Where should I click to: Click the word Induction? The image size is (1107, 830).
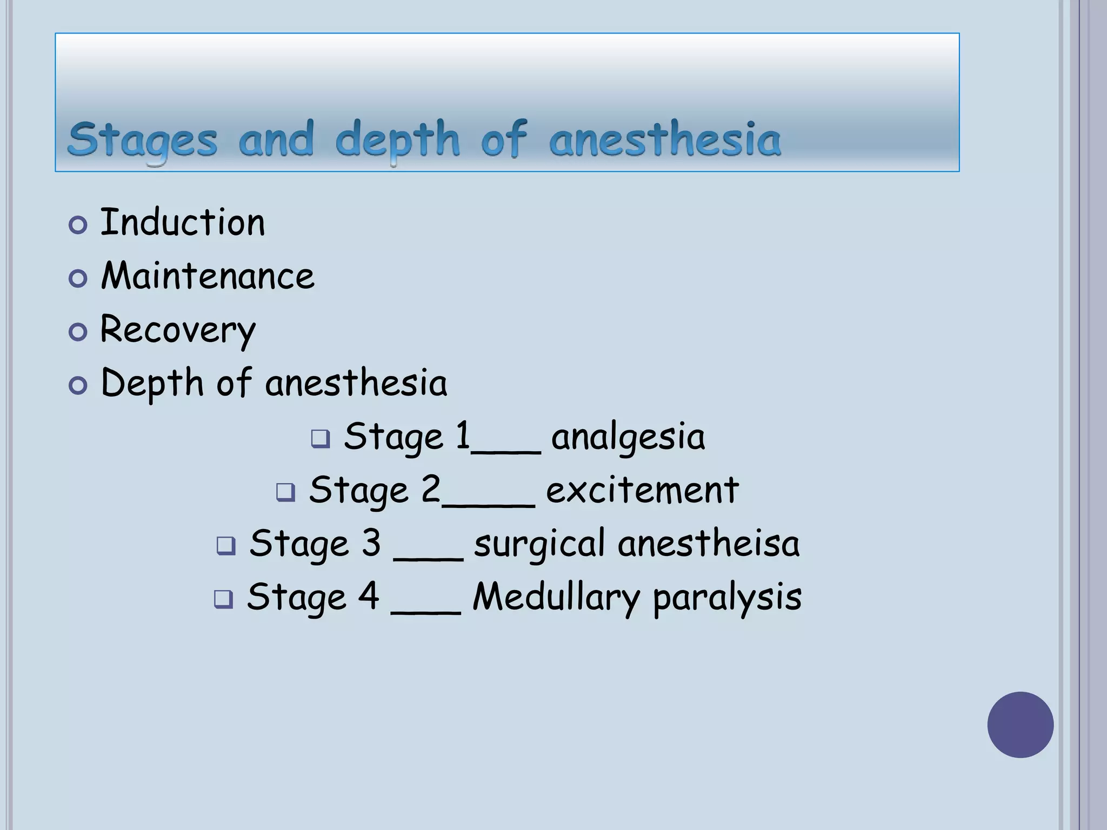click(x=183, y=222)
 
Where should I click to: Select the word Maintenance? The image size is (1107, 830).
click(x=208, y=276)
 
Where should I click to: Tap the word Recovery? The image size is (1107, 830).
click(x=178, y=330)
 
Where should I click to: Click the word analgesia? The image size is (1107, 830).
click(x=628, y=437)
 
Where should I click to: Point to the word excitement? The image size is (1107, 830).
click(x=642, y=490)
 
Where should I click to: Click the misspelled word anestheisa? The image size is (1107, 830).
click(x=708, y=544)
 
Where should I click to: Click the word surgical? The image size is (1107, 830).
click(x=539, y=544)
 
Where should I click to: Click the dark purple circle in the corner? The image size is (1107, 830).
click(x=1020, y=725)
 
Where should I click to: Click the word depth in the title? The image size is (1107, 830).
click(x=397, y=140)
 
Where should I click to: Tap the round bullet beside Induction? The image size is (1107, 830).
click(x=78, y=225)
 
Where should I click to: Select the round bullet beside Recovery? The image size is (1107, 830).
click(x=78, y=332)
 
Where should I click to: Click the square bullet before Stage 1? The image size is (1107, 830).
click(x=321, y=439)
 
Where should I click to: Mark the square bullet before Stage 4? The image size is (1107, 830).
click(x=223, y=599)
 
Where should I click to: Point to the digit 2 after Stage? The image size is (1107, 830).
click(x=431, y=489)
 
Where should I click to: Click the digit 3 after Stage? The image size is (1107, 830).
click(x=371, y=543)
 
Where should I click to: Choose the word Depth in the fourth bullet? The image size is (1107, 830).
click(x=152, y=383)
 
